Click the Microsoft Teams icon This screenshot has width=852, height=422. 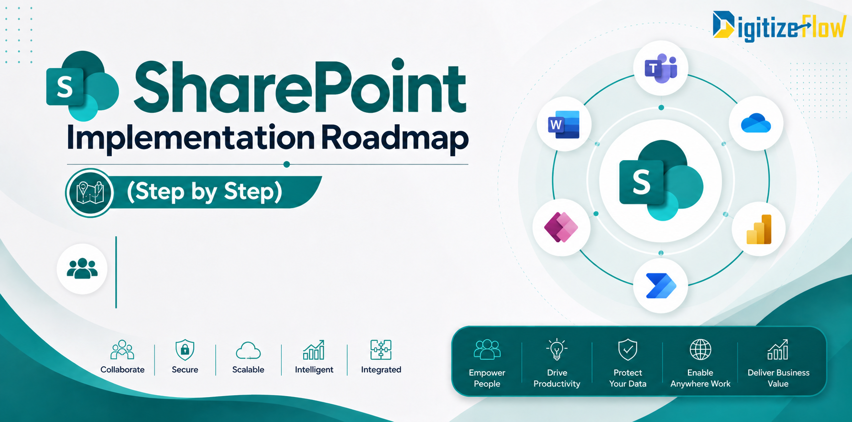coord(661,68)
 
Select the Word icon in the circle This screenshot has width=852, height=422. coord(565,125)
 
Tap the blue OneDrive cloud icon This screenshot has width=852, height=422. coord(756,123)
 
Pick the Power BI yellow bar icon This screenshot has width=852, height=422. coord(759,229)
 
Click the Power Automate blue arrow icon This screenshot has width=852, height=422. coord(661,286)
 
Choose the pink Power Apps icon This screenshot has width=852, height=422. coord(561,227)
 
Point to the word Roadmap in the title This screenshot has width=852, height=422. coord(394,138)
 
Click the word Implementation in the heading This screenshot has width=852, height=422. coord(190,138)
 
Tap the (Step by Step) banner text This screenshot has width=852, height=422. coord(205,192)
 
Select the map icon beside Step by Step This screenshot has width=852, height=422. coord(89,193)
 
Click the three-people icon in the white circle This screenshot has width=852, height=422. coord(82,269)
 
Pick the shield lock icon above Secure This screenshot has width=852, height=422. coord(185,350)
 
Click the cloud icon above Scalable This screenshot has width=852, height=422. coord(248,351)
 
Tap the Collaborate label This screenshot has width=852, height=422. coord(122,369)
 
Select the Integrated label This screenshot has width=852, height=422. coord(381,369)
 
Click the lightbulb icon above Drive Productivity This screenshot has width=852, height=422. coord(557,349)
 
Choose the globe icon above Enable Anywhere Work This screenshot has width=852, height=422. coord(700,349)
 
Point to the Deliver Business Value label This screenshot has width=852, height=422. coord(778,378)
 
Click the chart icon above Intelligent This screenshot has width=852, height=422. coord(314,350)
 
